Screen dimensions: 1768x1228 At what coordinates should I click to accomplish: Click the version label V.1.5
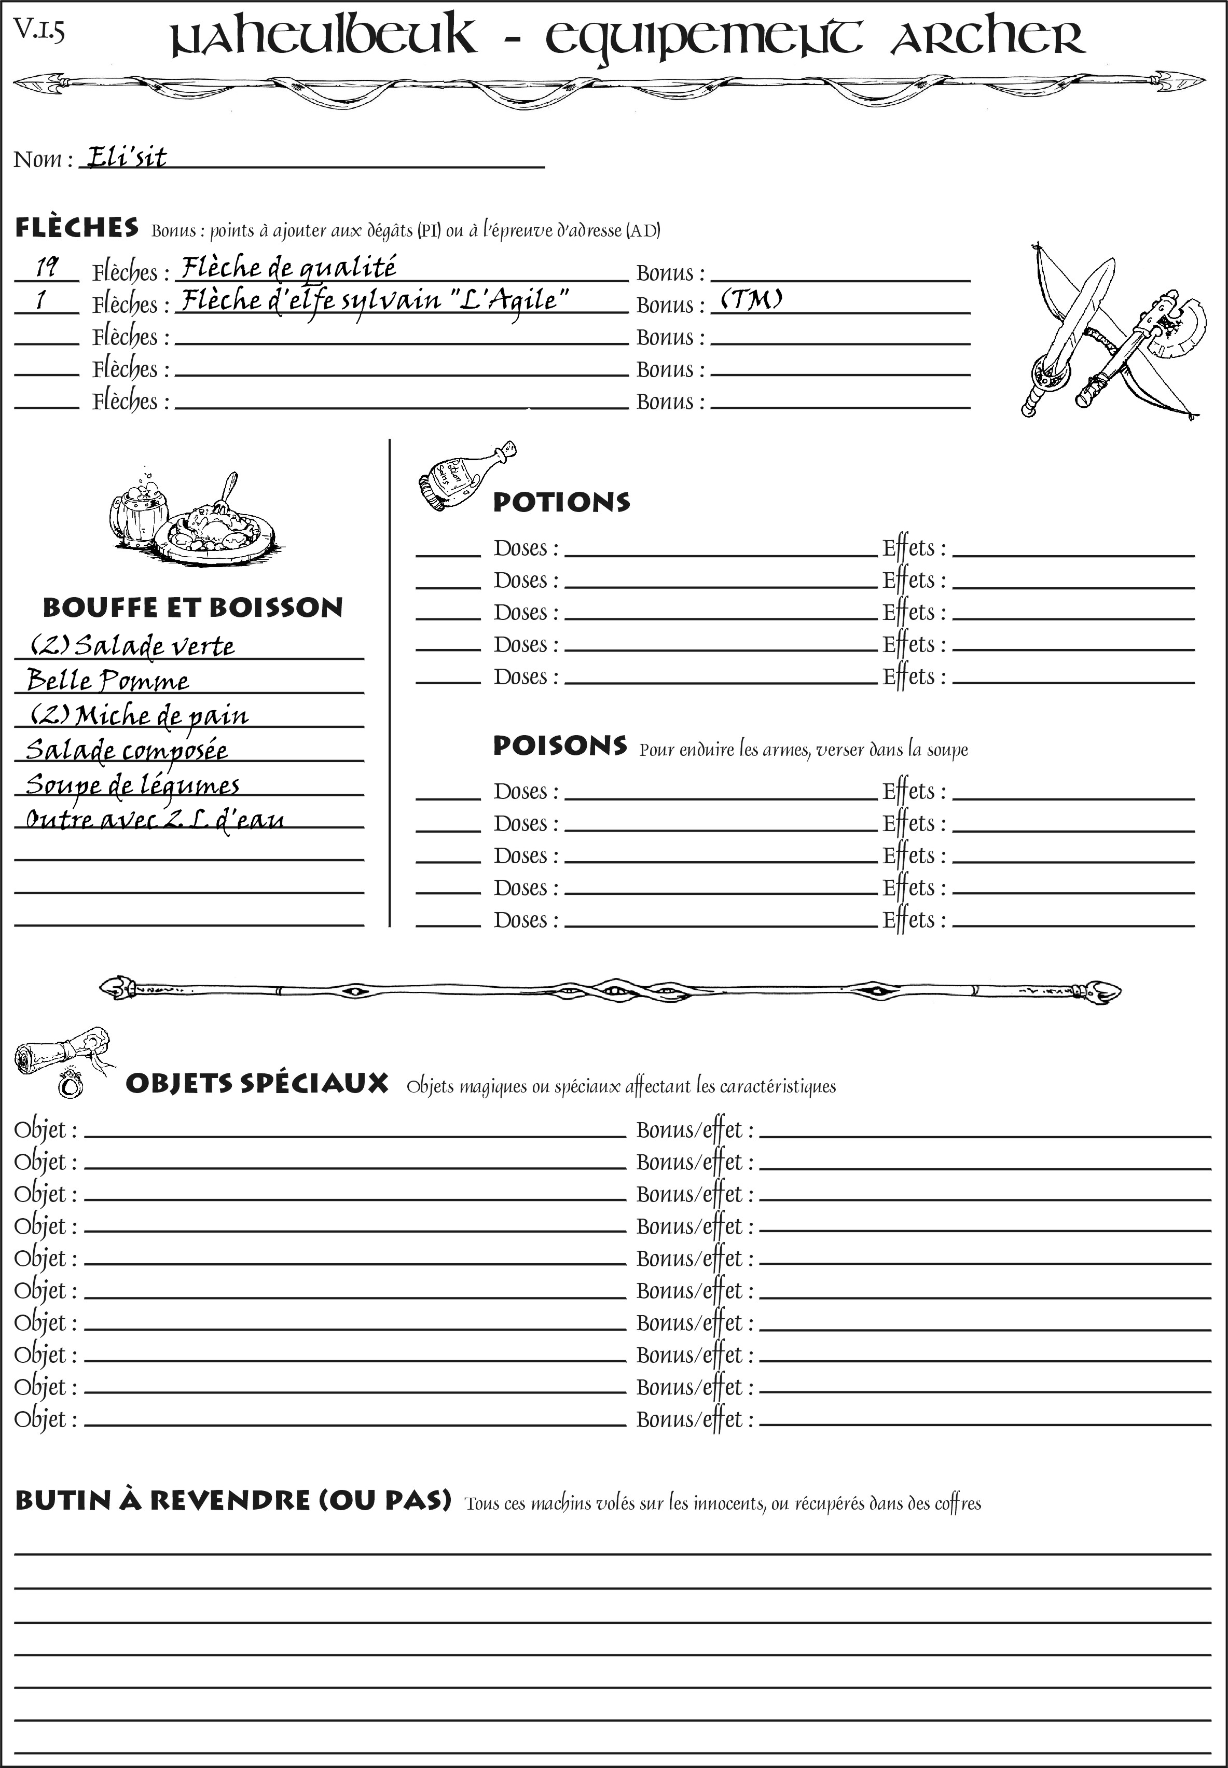(x=39, y=30)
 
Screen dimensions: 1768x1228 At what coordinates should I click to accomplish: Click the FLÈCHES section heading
(x=77, y=228)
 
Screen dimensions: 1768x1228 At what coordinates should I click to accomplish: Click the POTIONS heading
(x=561, y=502)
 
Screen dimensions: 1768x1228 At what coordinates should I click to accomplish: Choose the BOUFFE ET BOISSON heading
(x=192, y=608)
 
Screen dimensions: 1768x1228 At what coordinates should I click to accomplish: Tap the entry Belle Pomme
(x=108, y=681)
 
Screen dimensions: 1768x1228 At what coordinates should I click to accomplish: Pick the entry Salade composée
(x=127, y=750)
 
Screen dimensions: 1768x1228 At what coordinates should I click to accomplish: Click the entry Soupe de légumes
(x=132, y=785)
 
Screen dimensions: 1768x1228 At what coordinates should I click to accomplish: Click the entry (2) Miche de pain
(x=139, y=715)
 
